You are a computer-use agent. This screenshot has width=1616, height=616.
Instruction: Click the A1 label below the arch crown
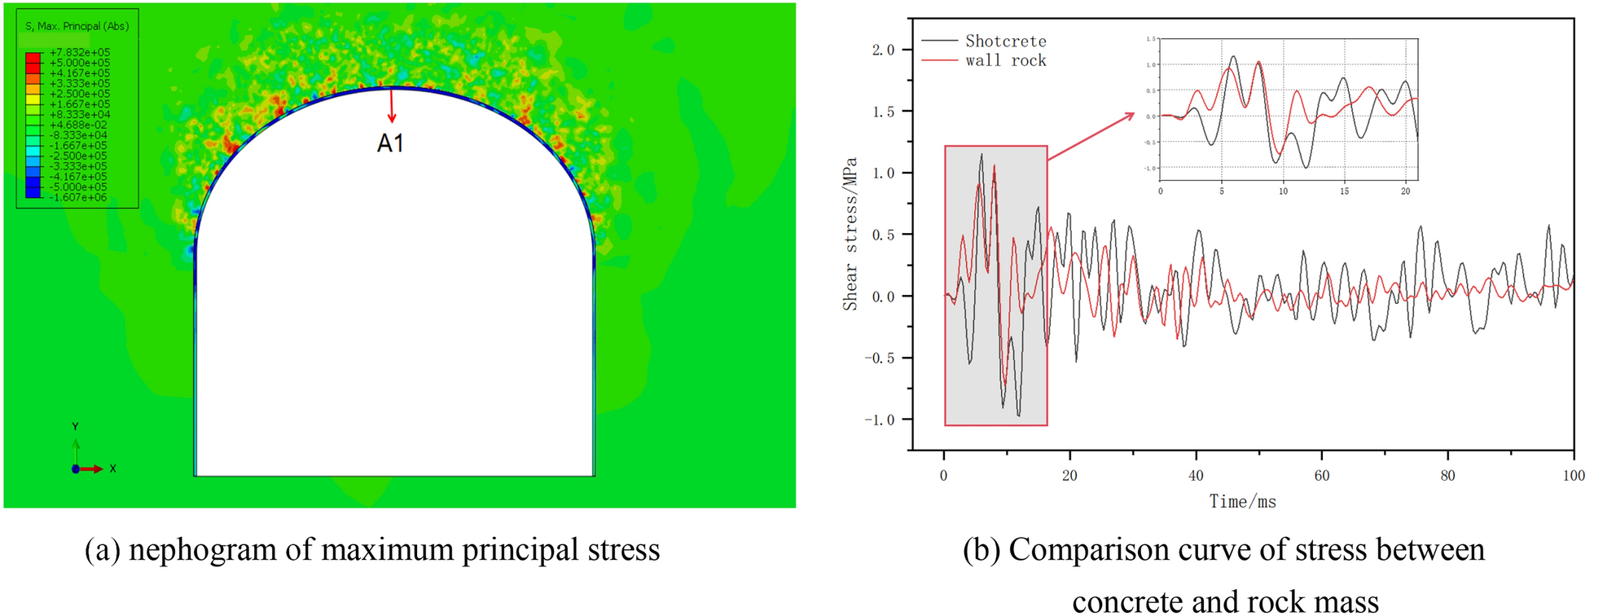(390, 143)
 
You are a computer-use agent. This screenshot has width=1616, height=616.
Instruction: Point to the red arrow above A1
(392, 106)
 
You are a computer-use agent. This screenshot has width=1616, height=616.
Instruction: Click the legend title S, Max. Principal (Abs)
(77, 26)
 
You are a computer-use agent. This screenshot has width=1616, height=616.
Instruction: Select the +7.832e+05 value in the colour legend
(79, 52)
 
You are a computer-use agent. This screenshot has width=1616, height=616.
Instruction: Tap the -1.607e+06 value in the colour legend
(79, 197)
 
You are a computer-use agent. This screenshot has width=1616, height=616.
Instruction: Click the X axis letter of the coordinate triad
(112, 469)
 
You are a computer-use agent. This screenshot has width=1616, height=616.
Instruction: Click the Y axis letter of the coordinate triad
(75, 426)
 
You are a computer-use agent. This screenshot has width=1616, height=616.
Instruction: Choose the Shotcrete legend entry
(1005, 41)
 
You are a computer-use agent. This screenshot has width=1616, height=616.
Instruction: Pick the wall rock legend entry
(1005, 60)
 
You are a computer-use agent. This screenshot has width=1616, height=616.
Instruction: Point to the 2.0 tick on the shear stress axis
(883, 50)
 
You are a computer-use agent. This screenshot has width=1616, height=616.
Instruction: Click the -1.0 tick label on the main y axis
(880, 420)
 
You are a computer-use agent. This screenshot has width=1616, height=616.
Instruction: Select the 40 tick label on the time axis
(1196, 476)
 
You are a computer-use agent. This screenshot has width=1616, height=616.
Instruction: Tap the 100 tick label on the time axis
(1574, 476)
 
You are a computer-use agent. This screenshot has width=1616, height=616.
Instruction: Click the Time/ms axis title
(1242, 502)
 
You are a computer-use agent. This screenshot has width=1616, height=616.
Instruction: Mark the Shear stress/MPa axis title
(850, 234)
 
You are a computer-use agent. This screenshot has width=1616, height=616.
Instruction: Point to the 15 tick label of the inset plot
(1344, 191)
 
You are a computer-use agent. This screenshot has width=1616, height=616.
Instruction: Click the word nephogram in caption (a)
(204, 550)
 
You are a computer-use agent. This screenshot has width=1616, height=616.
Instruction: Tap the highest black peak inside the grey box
(981, 155)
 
